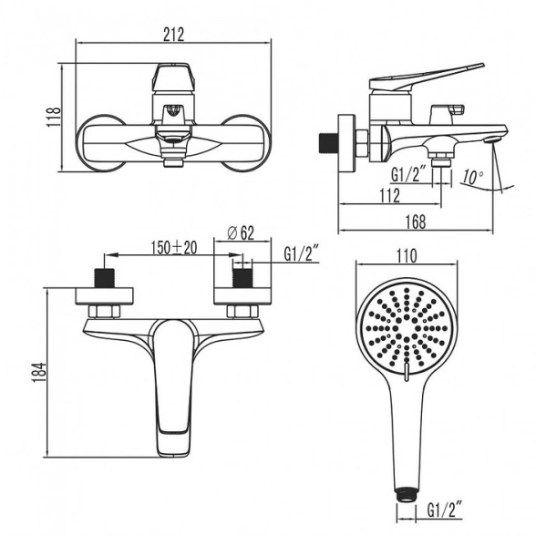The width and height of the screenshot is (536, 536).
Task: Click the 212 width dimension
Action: pos(173,35)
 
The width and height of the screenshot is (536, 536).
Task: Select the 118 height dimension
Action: pos(54,117)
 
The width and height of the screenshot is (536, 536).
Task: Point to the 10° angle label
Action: pos(473,177)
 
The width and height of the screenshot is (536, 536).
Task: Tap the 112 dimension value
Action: pos(389,195)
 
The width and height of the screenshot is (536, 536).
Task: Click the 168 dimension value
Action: pos(416,222)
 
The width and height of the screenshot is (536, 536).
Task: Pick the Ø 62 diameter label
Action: pos(241,233)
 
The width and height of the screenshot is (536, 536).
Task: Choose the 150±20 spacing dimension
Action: pos(174,248)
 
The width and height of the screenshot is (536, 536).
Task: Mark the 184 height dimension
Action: pos(38,372)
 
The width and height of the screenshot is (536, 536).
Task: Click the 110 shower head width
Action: pos(407,255)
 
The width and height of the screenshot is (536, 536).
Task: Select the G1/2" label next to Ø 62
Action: pos(302,254)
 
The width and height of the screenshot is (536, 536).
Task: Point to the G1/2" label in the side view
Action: pos(408,175)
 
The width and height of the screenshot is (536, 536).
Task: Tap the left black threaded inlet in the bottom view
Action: pos(104,278)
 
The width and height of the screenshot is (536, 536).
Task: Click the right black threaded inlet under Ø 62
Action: pos(242,278)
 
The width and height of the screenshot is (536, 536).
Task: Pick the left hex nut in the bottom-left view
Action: pos(104,312)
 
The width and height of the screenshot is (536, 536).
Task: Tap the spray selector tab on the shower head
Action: pos(406,373)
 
